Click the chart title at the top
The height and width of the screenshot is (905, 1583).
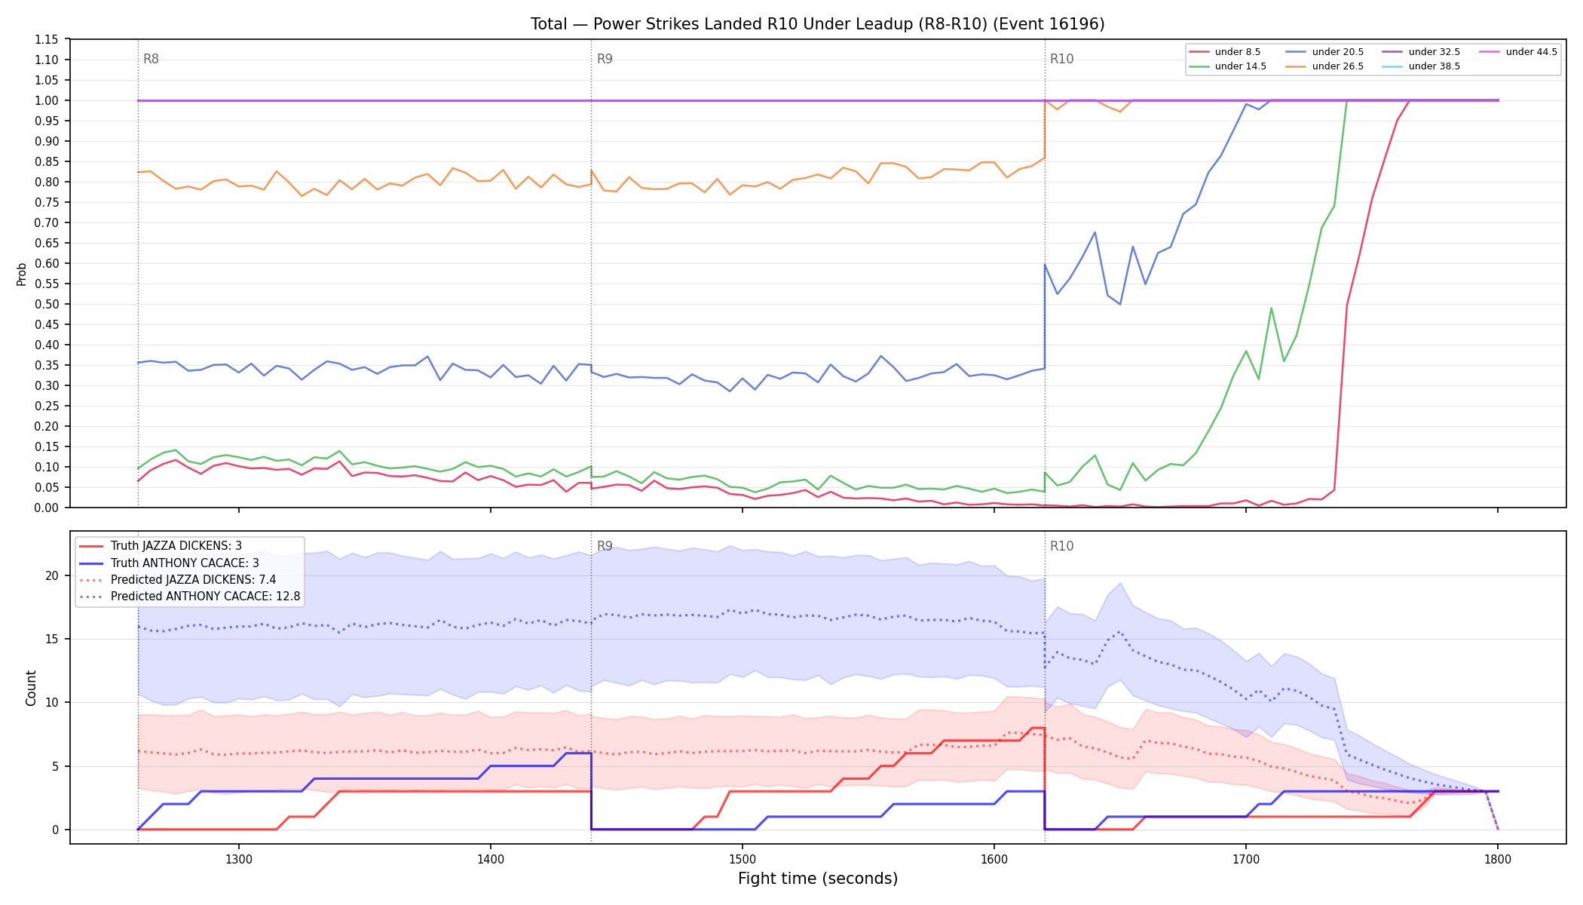pos(817,24)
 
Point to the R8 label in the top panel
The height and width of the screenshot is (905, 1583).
pos(151,59)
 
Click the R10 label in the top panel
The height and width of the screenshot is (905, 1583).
pos(1061,59)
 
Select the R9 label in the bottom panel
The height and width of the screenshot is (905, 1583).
pos(605,546)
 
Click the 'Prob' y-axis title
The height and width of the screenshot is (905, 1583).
pos(22,274)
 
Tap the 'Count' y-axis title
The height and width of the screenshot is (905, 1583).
pos(31,688)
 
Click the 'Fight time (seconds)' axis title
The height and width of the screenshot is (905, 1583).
pos(818,879)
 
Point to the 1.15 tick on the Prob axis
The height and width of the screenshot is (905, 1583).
pos(46,39)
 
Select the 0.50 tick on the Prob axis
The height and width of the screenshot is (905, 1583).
pos(46,304)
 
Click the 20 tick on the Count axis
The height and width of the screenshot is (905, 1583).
pos(51,575)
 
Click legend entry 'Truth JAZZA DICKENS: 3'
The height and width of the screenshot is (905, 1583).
pos(176,546)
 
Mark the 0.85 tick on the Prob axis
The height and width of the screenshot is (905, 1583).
pos(46,161)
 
